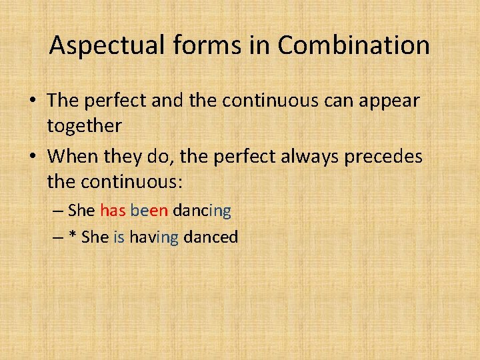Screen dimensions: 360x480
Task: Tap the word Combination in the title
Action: pos(353,46)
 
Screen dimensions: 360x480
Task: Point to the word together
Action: pos(85,125)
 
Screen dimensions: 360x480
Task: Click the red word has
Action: pos(113,211)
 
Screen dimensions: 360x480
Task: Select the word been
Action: pos(149,211)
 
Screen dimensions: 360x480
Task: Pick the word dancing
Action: pos(201,211)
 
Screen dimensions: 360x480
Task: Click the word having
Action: pos(153,237)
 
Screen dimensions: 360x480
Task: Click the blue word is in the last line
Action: pos(119,237)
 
